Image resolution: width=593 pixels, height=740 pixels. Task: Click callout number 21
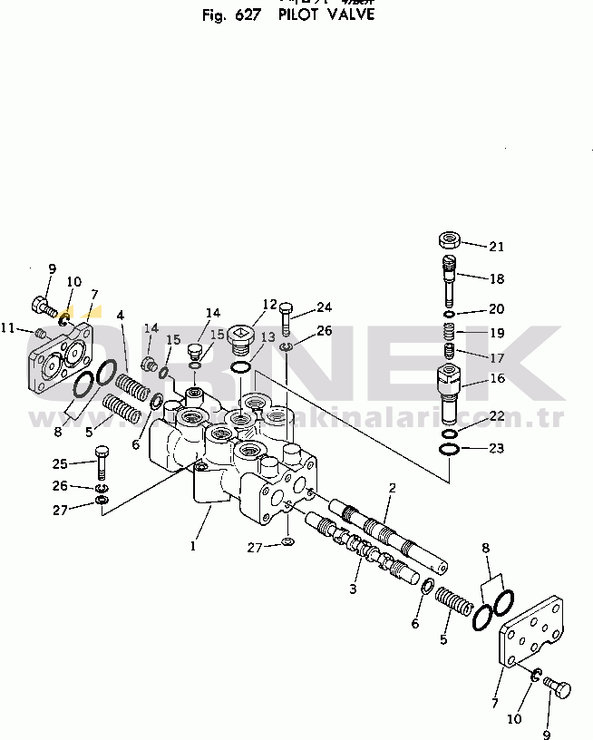click(x=496, y=247)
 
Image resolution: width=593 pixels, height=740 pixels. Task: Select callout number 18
click(x=496, y=278)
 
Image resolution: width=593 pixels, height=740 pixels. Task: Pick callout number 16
click(x=496, y=378)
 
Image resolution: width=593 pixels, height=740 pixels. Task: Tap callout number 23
click(x=496, y=447)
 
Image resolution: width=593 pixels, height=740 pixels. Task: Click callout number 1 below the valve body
click(x=192, y=547)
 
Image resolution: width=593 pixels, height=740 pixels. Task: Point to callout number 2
click(x=392, y=488)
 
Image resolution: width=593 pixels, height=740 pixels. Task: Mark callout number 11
click(x=7, y=327)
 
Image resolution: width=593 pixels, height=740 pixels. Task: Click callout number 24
click(x=325, y=306)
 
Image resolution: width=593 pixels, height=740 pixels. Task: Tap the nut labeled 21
click(x=449, y=240)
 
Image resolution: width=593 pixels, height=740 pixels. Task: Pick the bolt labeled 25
click(x=101, y=462)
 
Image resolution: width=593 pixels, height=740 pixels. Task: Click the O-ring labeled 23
click(x=449, y=449)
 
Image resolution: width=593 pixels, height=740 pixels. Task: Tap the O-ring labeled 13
click(x=240, y=367)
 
